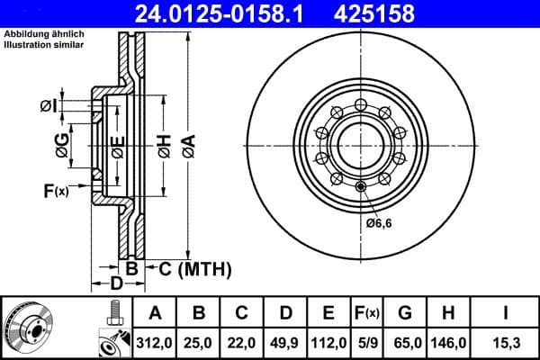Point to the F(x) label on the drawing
pyautogui.click(x=55, y=190)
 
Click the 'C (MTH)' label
pyautogui.click(x=195, y=268)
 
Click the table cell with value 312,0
pyautogui.click(x=156, y=343)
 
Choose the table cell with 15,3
pyautogui.click(x=505, y=343)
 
